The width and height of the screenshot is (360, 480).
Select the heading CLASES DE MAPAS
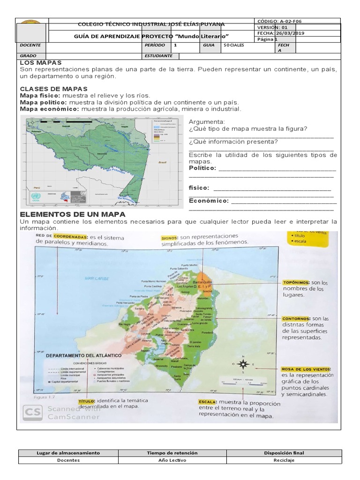(54, 89)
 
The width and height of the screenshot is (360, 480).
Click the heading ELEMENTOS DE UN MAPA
(72, 214)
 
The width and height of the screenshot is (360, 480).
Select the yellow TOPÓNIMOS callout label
(296, 283)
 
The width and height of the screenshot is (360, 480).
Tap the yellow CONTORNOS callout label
(296, 319)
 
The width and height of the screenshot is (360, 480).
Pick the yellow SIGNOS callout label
(169, 238)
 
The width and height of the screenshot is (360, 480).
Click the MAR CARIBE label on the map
(97, 278)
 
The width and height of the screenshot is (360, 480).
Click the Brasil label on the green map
(163, 162)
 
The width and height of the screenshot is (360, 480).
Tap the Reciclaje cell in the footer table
(284, 460)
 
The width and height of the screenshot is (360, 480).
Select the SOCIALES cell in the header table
(233, 46)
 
